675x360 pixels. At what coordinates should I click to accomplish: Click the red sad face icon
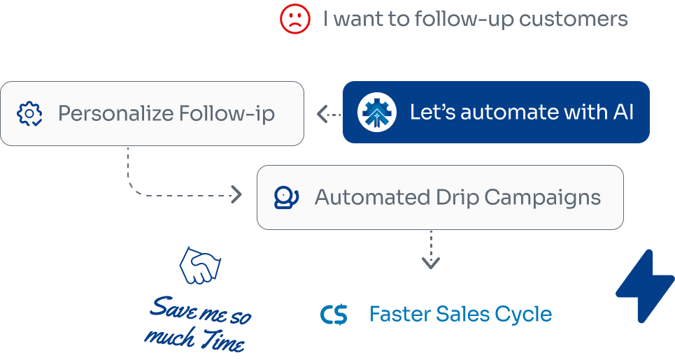[294, 19]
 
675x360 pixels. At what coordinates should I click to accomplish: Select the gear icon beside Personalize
[30, 113]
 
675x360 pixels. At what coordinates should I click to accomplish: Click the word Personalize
[113, 113]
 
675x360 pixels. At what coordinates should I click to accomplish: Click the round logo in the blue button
[377, 113]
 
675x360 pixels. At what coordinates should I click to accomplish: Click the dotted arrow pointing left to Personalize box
[328, 114]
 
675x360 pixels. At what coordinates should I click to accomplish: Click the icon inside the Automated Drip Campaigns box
[285, 197]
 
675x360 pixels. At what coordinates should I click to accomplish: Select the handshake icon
[200, 266]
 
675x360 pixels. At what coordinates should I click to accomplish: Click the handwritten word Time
[222, 342]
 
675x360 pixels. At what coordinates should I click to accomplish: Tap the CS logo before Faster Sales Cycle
[334, 315]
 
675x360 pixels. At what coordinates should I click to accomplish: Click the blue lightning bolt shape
[645, 287]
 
